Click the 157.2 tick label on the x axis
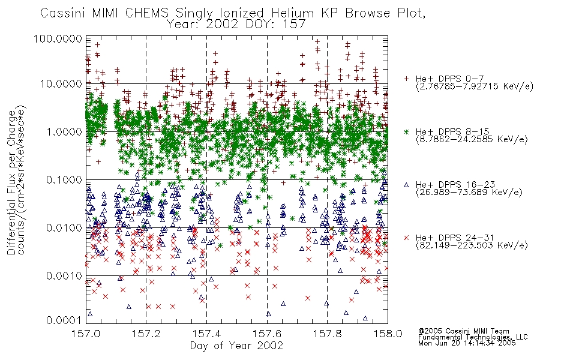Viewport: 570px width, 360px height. click(146, 334)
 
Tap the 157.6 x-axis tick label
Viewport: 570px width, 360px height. click(267, 334)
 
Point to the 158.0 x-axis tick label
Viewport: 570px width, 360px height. click(388, 334)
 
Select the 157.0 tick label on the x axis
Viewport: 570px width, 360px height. click(86, 334)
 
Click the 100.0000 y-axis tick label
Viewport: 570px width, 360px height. click(58, 38)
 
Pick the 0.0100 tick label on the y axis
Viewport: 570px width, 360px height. click(64, 228)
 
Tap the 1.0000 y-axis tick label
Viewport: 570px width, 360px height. click(64, 131)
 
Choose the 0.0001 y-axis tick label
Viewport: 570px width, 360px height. click(64, 320)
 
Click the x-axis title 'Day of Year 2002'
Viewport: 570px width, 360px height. click(236, 346)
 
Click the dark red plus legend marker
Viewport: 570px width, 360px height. click(407, 79)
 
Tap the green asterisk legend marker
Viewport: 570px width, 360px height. click(407, 131)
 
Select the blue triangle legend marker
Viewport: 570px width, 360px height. click(407, 185)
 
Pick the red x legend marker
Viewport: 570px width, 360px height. click(407, 238)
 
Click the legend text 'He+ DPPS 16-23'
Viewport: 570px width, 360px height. click(455, 185)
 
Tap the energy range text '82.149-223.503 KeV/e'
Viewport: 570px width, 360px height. click(472, 245)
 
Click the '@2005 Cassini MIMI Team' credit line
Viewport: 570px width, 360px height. click(464, 331)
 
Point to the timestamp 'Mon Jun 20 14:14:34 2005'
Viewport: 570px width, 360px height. click(467, 343)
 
